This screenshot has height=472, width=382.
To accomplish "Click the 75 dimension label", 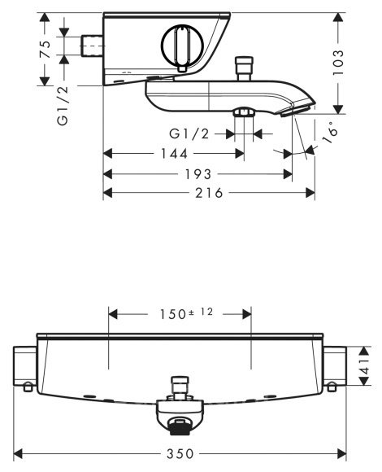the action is (45, 49).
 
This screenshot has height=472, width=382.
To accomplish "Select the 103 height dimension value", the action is (338, 63).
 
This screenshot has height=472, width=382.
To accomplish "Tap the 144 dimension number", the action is (174, 154).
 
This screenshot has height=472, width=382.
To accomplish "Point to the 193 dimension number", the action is (198, 174).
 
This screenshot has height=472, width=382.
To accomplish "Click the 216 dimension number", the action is (210, 193).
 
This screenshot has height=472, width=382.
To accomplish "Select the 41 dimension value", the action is (365, 366).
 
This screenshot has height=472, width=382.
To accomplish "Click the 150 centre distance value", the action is (172, 315).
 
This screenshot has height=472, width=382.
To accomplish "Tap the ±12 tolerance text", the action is (201, 312).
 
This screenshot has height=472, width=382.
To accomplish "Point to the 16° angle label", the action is (329, 132).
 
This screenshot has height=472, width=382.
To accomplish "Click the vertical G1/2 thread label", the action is (63, 105).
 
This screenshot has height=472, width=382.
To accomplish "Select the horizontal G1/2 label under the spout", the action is (189, 133).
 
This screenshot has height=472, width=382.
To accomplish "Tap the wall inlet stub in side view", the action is (93, 46).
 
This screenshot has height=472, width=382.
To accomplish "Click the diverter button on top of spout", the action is (244, 68).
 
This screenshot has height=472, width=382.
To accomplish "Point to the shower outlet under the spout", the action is (244, 112).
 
